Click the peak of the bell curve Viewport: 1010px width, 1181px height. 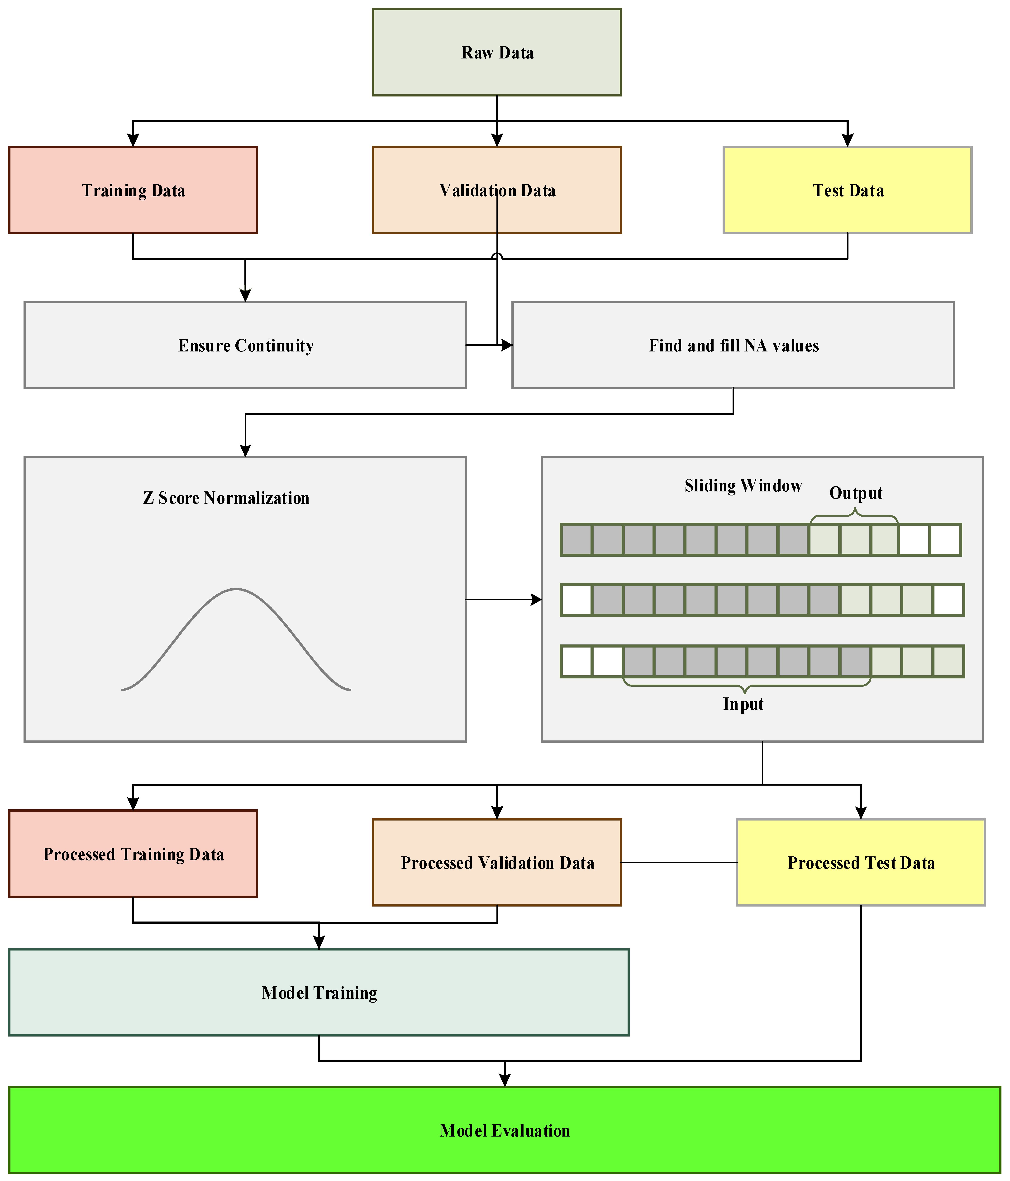click(236, 589)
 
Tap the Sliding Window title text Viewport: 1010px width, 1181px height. click(743, 486)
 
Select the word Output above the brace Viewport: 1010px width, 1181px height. click(856, 493)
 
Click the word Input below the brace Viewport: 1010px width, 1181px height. click(743, 705)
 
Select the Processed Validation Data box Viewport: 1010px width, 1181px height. click(497, 862)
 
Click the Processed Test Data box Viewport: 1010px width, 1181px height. click(861, 862)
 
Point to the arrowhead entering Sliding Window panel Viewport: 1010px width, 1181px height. click(536, 600)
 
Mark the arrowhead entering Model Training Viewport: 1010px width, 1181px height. click(319, 943)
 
